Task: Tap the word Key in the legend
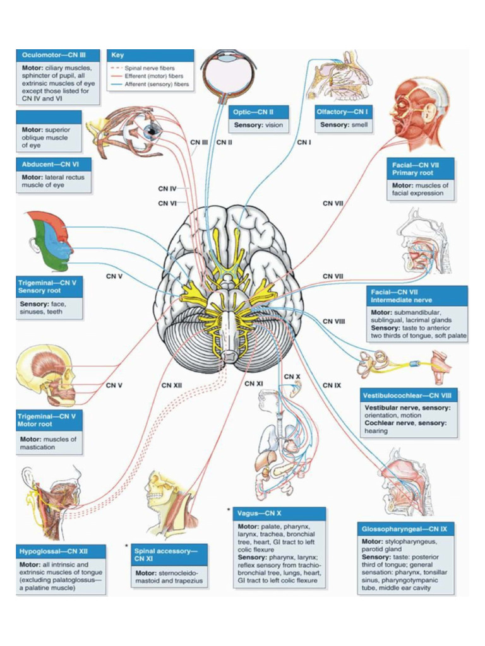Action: coord(117,56)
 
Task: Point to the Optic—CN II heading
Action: coord(252,112)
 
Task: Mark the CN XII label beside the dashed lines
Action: coord(171,385)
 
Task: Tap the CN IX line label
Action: coord(332,385)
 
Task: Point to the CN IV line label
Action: coord(167,188)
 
